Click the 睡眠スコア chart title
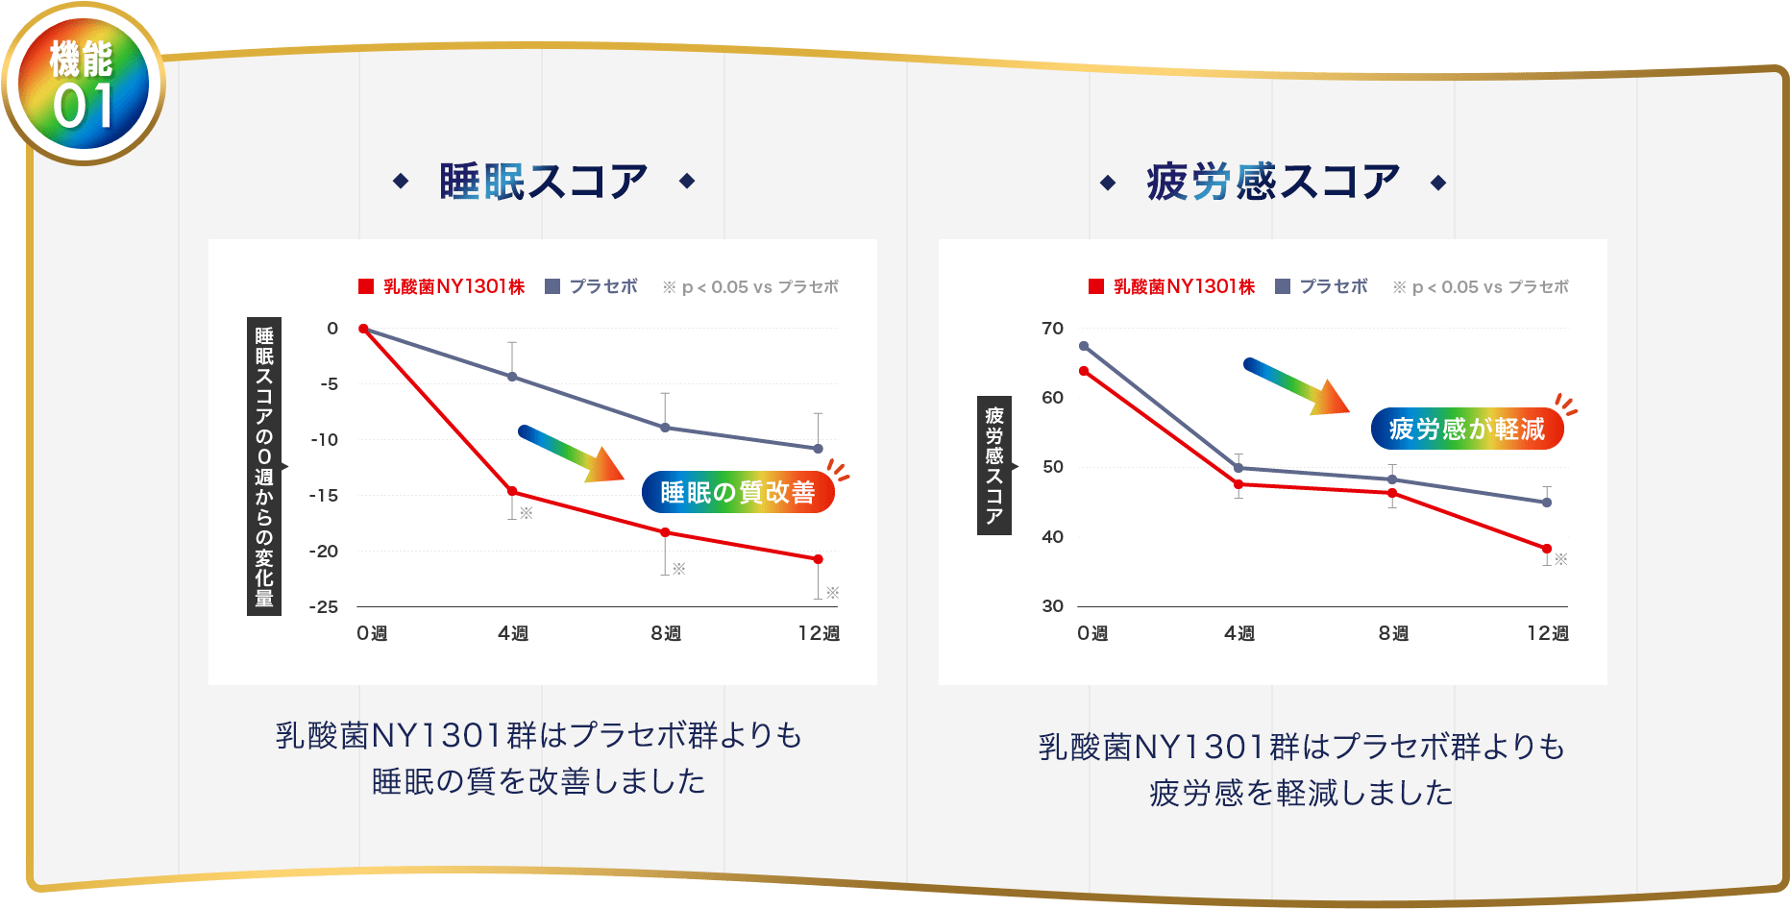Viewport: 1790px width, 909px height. pyautogui.click(x=544, y=182)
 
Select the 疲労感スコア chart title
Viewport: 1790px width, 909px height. pyautogui.click(x=1273, y=182)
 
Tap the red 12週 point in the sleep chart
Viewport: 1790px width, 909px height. pyautogui.click(x=818, y=559)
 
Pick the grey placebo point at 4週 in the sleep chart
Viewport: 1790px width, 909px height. pyautogui.click(x=512, y=377)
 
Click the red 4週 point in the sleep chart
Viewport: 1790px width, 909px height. pyautogui.click(x=512, y=491)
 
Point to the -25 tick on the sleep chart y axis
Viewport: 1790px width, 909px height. pyautogui.click(x=324, y=607)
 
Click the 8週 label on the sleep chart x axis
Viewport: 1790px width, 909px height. pyautogui.click(x=665, y=633)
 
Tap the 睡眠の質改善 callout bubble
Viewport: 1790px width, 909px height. pyautogui.click(x=737, y=492)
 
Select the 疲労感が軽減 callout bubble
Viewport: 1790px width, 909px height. pyautogui.click(x=1467, y=429)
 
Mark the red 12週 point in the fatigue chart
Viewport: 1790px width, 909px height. pyautogui.click(x=1547, y=549)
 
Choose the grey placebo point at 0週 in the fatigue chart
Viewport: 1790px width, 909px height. pyautogui.click(x=1084, y=346)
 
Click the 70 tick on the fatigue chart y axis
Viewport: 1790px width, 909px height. pyautogui.click(x=1052, y=329)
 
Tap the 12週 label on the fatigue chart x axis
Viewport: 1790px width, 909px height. pyautogui.click(x=1548, y=633)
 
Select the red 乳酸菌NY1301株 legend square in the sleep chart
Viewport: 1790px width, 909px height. pyautogui.click(x=366, y=286)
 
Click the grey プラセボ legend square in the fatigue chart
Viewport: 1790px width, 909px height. pyautogui.click(x=1283, y=286)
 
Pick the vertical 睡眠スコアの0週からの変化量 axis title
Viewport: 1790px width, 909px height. pyautogui.click(x=264, y=466)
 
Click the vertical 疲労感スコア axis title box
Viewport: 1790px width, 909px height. pyautogui.click(x=994, y=465)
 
